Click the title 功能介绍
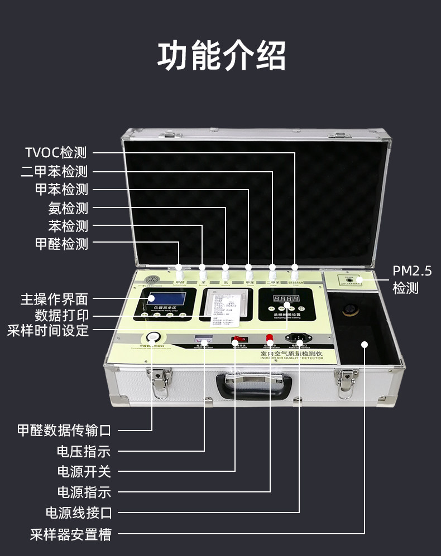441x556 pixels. [221, 56]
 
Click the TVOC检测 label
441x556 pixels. [56, 152]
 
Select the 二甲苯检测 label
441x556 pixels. [54, 171]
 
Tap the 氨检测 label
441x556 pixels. [68, 208]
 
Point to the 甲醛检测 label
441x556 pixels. [61, 244]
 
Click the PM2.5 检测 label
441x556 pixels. [413, 279]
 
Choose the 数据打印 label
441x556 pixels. [61, 315]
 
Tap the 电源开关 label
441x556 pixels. [84, 472]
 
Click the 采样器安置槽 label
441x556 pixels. [70, 534]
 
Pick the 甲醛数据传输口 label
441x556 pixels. [64, 431]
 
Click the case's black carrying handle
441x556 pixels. [255, 385]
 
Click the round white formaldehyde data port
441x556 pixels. [152, 337]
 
